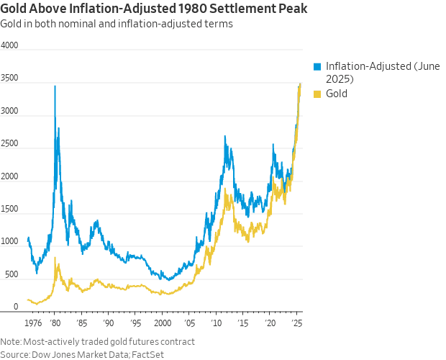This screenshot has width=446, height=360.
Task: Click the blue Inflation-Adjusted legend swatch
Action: pyautogui.click(x=317, y=66)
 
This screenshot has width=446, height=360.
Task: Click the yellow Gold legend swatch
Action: pyautogui.click(x=317, y=94)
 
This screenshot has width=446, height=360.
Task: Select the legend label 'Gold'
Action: pyautogui.click(x=337, y=94)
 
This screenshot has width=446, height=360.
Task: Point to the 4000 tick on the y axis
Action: pyautogui.click(x=9, y=45)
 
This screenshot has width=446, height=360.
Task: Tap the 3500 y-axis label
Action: pyautogui.click(x=9, y=83)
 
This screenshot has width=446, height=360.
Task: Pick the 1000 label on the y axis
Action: pyautogui.click(x=9, y=241)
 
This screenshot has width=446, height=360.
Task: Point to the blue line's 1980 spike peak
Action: pyautogui.click(x=55, y=86)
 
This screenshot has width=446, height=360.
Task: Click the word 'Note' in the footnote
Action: pyautogui.click(x=10, y=341)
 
